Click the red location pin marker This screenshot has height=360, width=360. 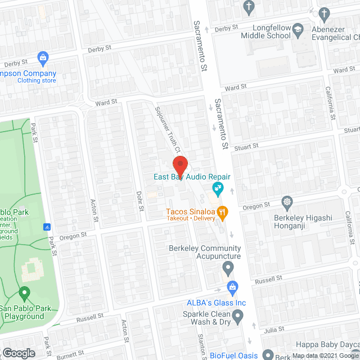tap(180, 165)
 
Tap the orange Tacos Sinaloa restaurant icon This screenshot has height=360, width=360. tap(222, 212)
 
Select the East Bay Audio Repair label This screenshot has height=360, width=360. tap(192, 177)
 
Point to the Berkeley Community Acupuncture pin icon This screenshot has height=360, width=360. tap(227, 267)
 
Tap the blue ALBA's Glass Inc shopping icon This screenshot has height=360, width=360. tap(232, 288)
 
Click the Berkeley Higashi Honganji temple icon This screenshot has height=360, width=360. tap(287, 201)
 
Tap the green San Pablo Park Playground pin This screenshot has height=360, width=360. tap(24, 293)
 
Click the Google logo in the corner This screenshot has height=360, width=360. tap(18, 353)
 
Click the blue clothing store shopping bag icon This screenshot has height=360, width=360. tap(42, 57)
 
